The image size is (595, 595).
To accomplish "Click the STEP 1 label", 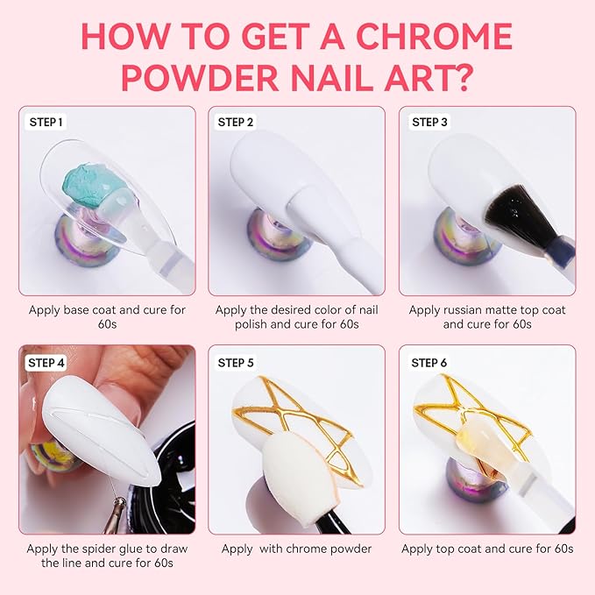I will coord(46,123).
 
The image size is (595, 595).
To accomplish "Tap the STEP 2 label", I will coord(236,123).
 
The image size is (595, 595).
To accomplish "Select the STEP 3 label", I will coord(430,123).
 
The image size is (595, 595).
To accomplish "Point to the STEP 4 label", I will coord(46,362).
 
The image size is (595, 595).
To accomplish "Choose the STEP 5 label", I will coord(236,362).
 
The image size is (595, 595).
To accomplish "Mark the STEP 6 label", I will coord(430,362).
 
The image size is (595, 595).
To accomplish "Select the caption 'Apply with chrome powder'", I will coord(296,549).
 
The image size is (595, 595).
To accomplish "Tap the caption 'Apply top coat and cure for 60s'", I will coord(487,549).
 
